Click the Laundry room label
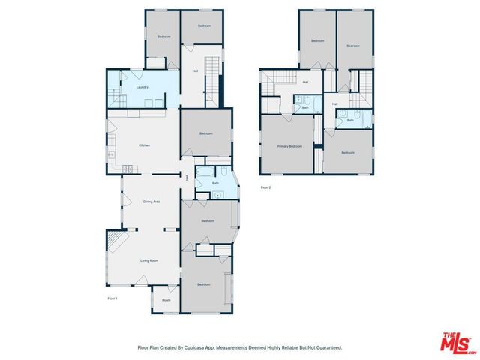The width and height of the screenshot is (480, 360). (x=142, y=87)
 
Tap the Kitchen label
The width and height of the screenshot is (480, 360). (x=145, y=145)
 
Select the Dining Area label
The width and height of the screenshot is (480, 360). (x=151, y=202)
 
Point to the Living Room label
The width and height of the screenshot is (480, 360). (x=148, y=260)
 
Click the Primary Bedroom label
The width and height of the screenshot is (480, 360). (x=289, y=146)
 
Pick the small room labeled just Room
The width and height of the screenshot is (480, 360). (x=166, y=300)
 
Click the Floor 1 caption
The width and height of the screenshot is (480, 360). (x=112, y=298)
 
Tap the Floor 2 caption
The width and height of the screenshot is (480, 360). (x=265, y=187)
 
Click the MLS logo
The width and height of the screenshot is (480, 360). (x=457, y=342)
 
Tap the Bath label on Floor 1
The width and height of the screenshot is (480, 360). (x=215, y=183)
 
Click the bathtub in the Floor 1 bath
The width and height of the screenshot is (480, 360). (x=206, y=172)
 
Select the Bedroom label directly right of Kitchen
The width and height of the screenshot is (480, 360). (x=206, y=133)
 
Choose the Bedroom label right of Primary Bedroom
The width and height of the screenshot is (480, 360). (x=348, y=153)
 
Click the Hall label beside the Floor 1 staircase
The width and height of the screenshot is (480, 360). (x=195, y=71)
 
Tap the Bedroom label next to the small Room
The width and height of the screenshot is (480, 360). (x=204, y=284)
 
